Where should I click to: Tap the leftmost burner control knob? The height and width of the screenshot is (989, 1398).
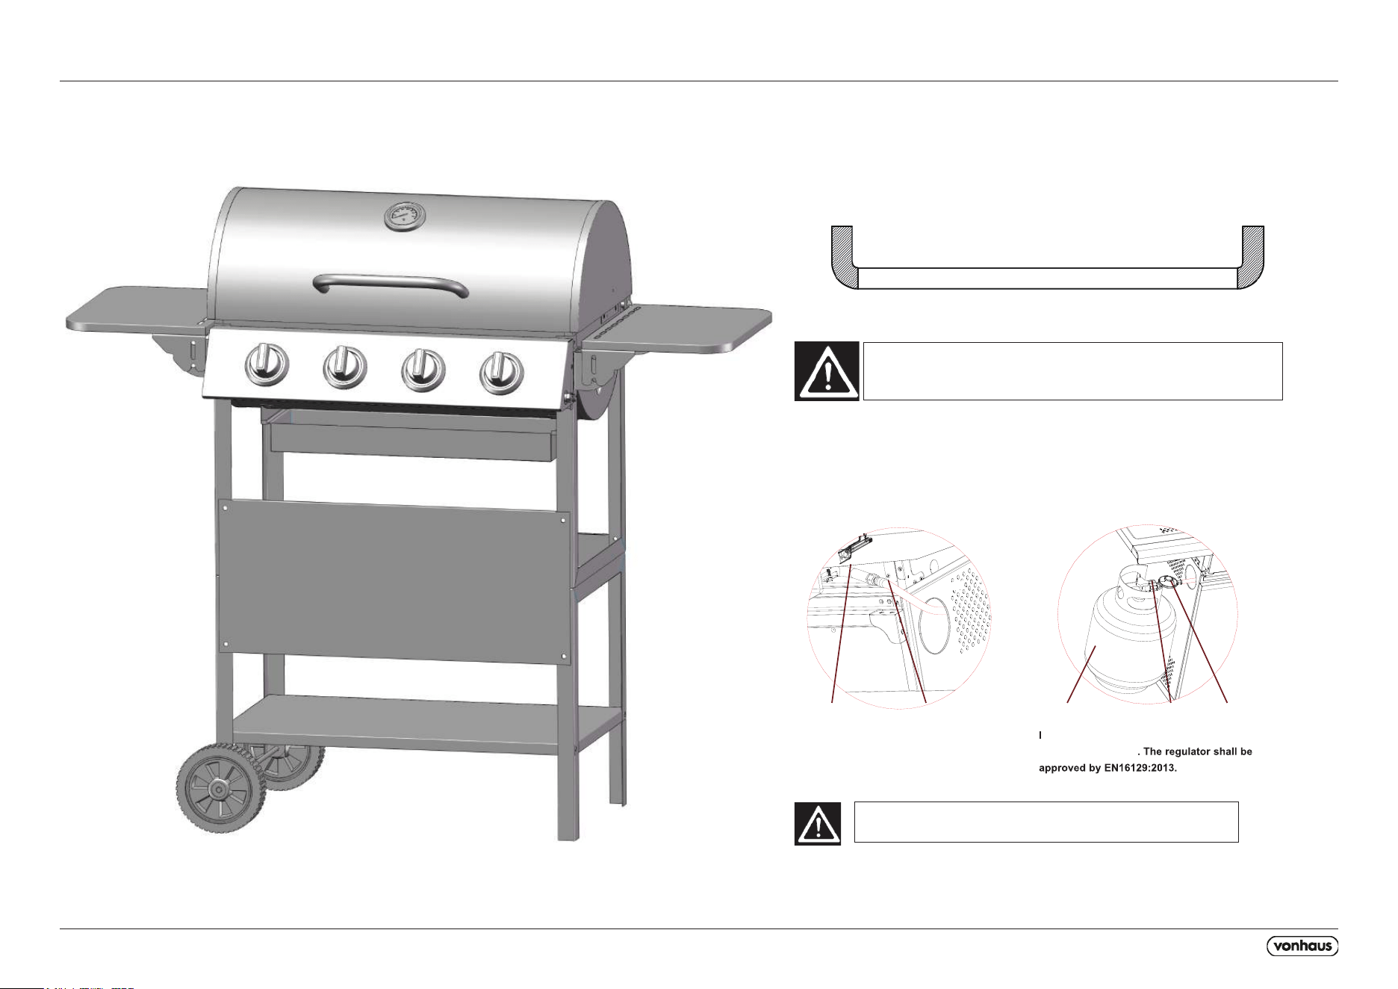(265, 365)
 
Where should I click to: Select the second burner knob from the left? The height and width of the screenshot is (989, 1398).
(344, 368)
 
